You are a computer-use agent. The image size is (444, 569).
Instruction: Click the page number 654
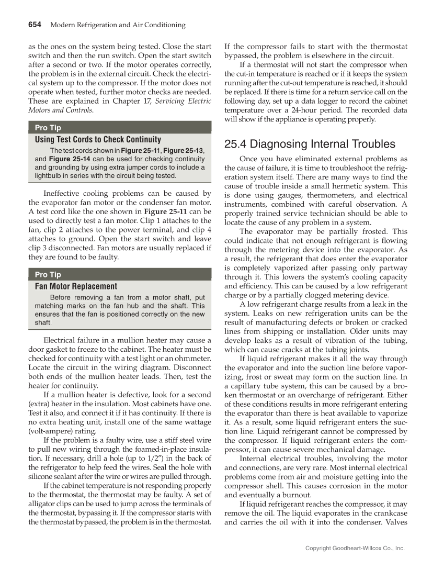[35, 25]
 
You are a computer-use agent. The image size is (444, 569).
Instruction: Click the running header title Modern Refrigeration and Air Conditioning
[118, 25]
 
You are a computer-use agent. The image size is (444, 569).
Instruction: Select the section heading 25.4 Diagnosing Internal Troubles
[310, 144]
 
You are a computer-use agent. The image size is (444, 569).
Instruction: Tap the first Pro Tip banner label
[48, 128]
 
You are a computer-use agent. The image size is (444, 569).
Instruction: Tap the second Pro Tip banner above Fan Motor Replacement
[48, 274]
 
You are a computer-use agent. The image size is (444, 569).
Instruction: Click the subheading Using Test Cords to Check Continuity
[98, 140]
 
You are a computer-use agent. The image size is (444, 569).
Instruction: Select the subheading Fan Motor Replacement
[76, 286]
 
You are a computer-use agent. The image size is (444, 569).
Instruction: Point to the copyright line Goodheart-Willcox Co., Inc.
[355, 548]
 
